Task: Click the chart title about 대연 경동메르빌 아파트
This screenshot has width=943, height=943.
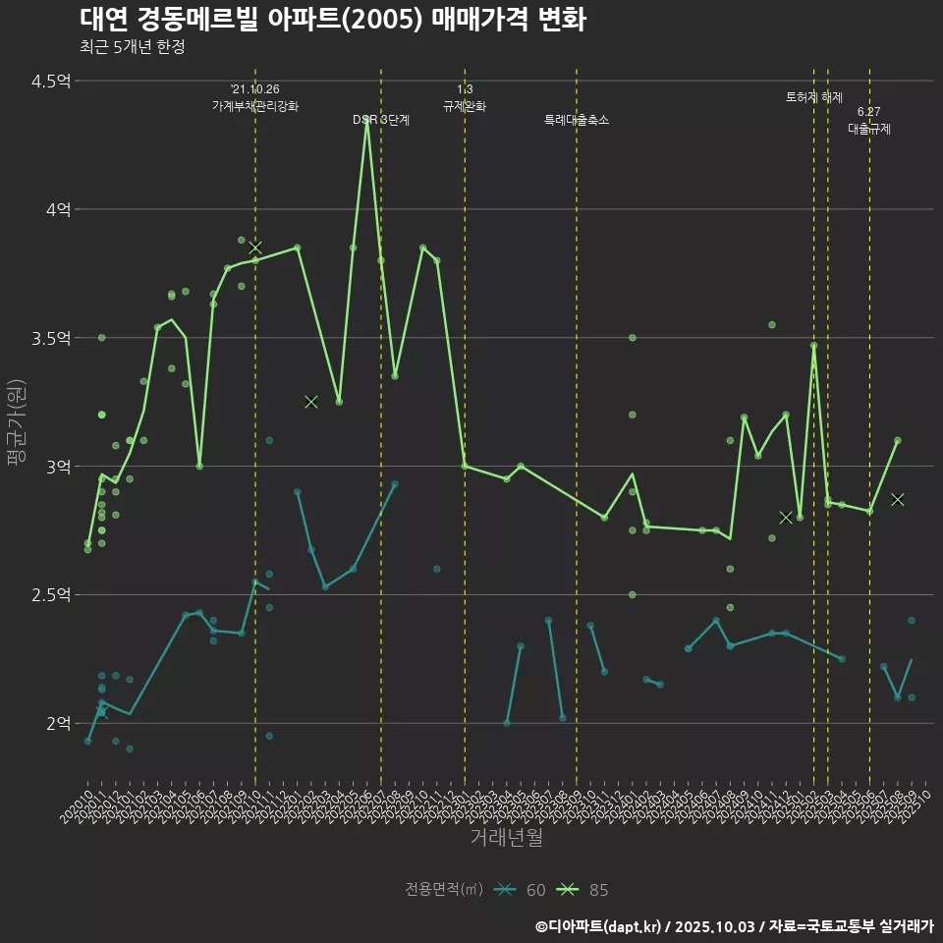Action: [332, 20]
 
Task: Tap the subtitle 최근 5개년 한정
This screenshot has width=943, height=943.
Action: [132, 47]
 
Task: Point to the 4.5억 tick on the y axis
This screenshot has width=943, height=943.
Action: [51, 82]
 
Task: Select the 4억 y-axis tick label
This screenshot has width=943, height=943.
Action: [58, 209]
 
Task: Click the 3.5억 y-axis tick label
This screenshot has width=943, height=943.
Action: [51, 338]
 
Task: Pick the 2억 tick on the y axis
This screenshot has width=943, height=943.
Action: [58, 723]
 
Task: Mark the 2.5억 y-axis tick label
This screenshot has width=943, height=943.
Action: [51, 594]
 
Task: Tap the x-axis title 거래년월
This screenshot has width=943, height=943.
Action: [506, 838]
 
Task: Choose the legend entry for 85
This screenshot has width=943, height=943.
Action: [586, 890]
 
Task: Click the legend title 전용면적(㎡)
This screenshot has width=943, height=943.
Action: [444, 890]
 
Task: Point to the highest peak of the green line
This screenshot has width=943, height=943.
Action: [367, 121]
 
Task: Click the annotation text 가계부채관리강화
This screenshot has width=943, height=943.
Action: [255, 106]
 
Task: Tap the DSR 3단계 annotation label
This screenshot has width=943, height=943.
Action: [381, 120]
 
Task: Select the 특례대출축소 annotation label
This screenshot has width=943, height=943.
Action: [577, 120]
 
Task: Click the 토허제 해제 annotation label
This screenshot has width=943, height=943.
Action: [814, 97]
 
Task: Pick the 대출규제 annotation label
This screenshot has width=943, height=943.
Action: [869, 129]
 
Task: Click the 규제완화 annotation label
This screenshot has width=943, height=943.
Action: [465, 106]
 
